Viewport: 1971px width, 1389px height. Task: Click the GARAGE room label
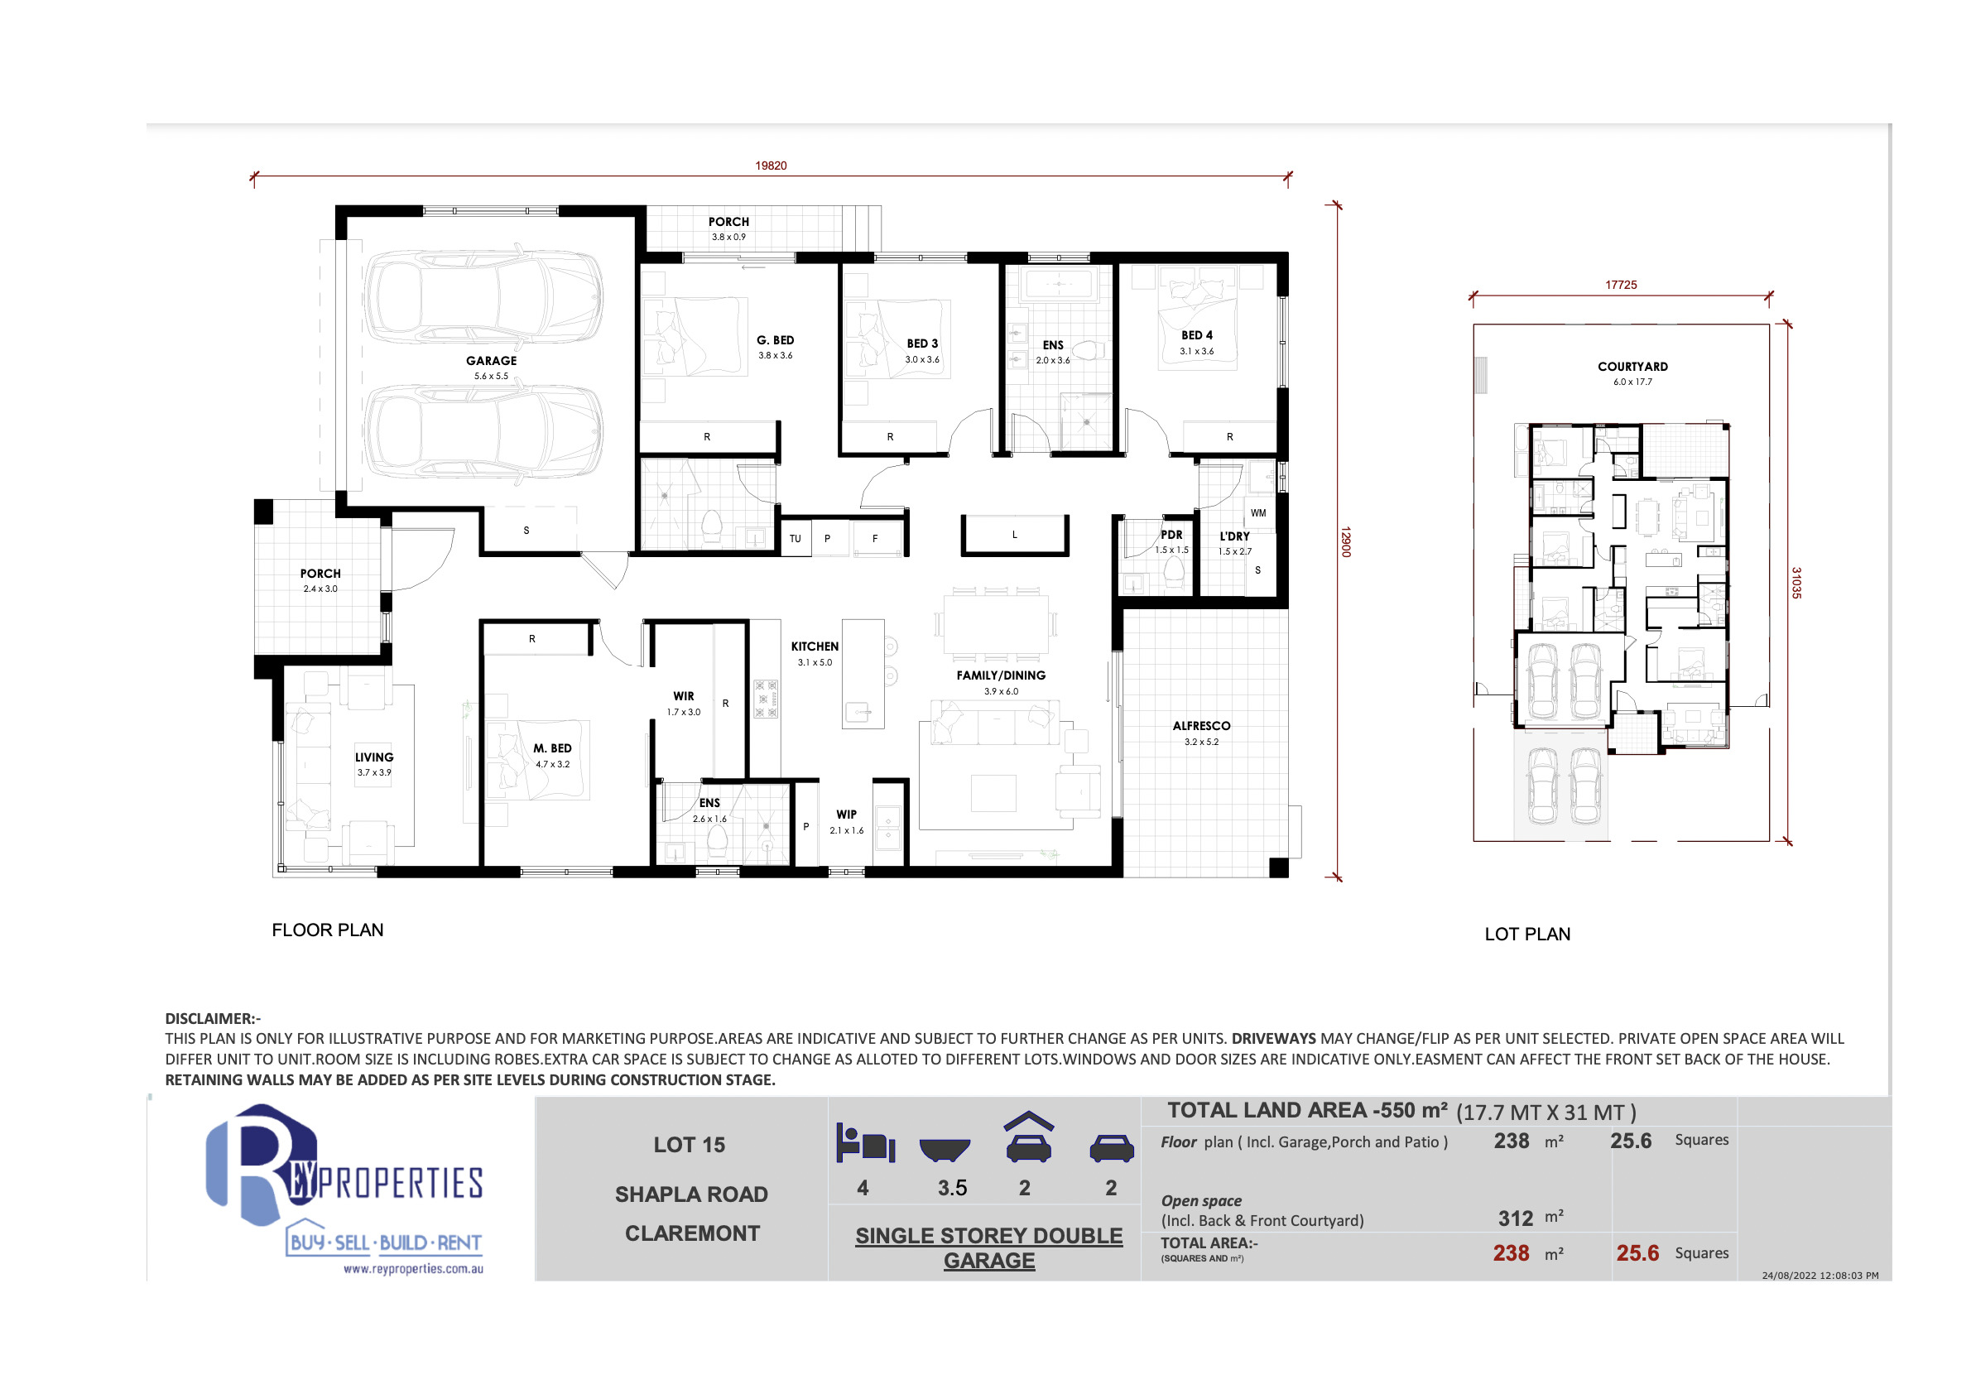pos(491,361)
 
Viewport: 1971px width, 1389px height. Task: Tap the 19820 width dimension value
pos(771,166)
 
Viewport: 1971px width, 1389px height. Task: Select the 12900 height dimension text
pos(1346,541)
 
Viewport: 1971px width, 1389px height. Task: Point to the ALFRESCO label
pos(1201,726)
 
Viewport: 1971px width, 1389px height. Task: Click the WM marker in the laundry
pos(1257,513)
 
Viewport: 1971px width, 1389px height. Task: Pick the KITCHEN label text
pos(815,646)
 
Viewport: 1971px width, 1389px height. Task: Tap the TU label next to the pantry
pos(795,539)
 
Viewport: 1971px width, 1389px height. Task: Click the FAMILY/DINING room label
pos(1001,675)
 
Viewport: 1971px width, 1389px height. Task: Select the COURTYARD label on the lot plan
pos(1632,367)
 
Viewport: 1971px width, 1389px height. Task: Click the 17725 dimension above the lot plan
pos(1621,285)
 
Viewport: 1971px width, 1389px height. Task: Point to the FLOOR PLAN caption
pos(328,930)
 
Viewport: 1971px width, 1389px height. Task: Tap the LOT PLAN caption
pos(1527,934)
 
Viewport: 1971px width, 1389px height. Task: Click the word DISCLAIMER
pos(210,1019)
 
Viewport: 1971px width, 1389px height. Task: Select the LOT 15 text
pos(690,1144)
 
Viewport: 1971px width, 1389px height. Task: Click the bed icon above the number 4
pos(865,1142)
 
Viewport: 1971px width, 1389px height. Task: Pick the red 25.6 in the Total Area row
pos(1637,1253)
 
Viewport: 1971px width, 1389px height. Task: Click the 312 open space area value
pos(1515,1218)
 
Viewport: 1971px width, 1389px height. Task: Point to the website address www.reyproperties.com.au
pos(413,1269)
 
